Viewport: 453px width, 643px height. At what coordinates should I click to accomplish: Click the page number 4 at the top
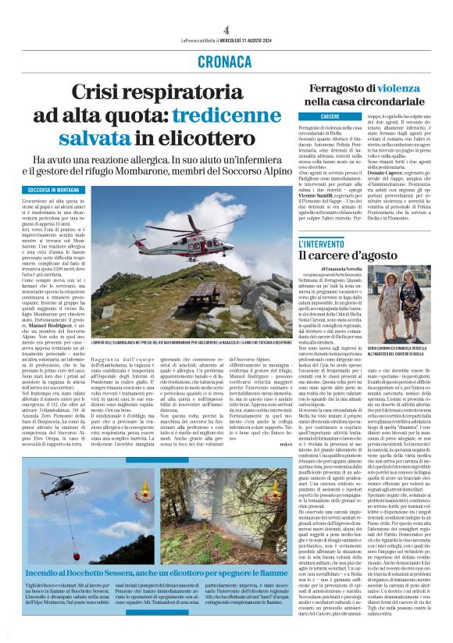(226, 29)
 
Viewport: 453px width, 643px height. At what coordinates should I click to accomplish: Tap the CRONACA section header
(226, 59)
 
